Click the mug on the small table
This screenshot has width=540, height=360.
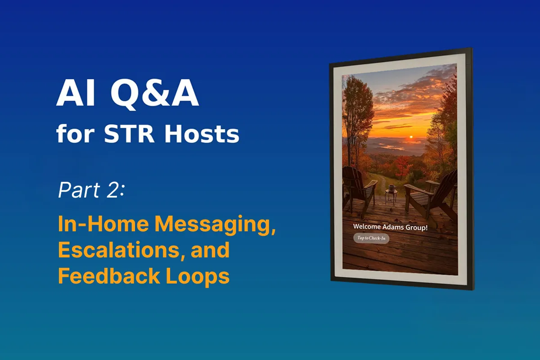391,187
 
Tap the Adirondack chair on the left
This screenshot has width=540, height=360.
358,189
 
